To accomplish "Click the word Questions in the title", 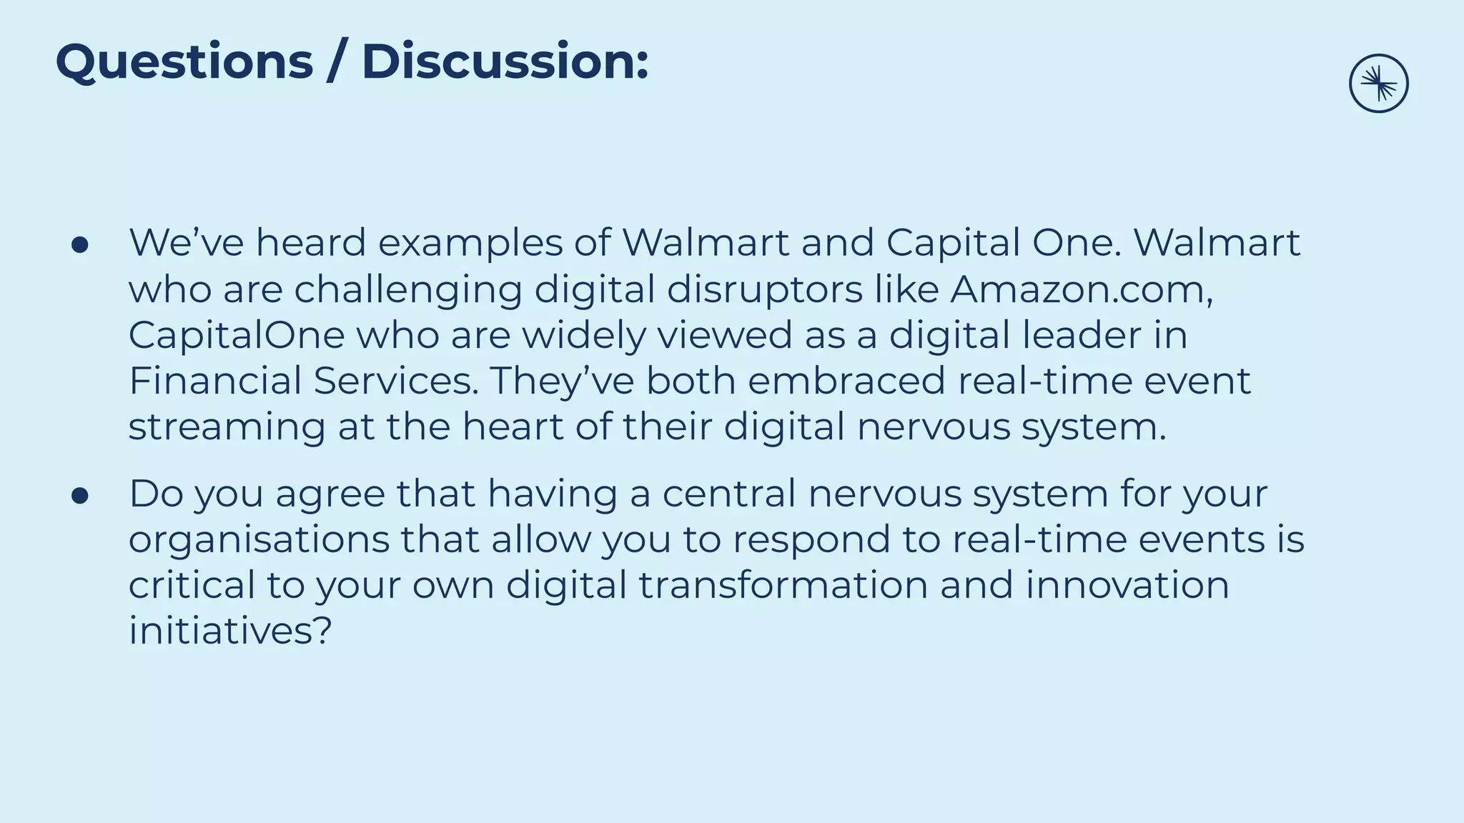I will click(184, 62).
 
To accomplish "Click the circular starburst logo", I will click(1378, 84).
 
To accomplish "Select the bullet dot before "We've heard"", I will click(80, 245).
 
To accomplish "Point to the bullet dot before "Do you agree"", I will click(80, 496).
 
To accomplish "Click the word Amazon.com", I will click(1081, 289).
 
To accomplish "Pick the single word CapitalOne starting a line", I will click(237, 335).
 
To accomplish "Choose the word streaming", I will click(227, 428).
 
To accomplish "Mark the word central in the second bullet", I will click(728, 494).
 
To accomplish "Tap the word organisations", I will click(259, 541).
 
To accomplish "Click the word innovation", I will click(1127, 585).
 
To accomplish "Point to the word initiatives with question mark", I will click(230, 631).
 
